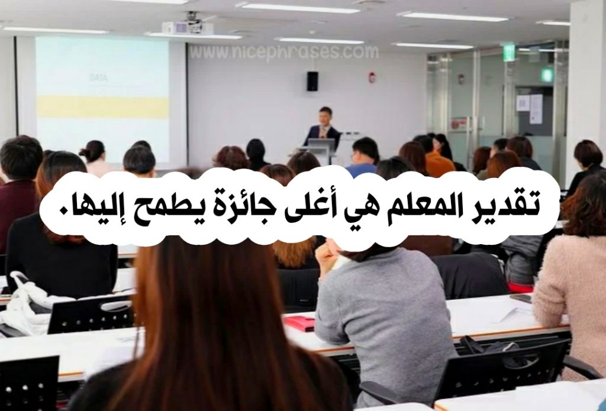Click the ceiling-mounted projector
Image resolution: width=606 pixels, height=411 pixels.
coord(188,25)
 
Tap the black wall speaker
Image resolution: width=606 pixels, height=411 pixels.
coord(312,81)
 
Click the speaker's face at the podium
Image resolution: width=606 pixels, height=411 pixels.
coord(325,116)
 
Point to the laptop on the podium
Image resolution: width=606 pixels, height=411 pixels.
coord(321,145)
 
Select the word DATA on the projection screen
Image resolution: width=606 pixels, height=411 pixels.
coord(99,77)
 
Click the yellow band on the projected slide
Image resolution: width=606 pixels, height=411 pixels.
coord(103,107)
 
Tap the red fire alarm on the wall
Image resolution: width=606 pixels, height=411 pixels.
coord(372,77)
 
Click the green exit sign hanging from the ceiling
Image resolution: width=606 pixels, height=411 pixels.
coord(508,53)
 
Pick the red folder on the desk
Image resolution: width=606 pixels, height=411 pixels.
coord(301,323)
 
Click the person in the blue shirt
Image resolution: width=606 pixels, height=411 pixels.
coord(363,157)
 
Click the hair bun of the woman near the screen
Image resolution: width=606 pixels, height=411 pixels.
coord(84,151)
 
